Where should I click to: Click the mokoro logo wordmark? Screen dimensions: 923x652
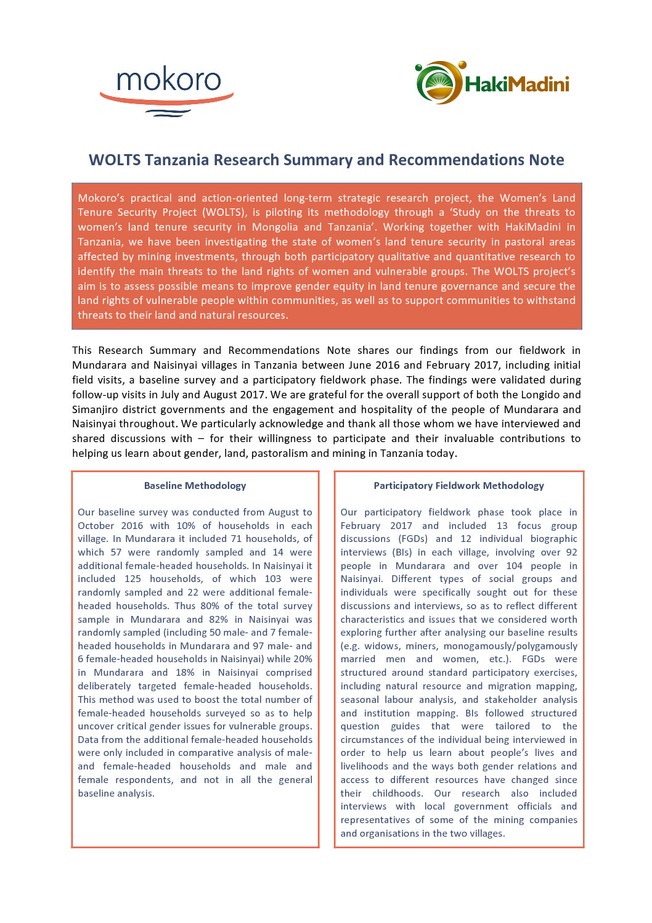(168, 81)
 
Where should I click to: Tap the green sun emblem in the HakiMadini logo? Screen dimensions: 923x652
(439, 83)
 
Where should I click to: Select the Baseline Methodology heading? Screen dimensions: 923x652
(195, 486)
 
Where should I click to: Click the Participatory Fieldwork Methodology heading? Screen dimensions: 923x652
(458, 486)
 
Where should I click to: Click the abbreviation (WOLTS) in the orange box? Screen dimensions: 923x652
(224, 212)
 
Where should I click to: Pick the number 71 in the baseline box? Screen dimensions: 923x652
(235, 539)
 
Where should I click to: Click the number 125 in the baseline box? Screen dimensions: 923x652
(132, 579)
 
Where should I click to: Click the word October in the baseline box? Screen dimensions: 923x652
(96, 526)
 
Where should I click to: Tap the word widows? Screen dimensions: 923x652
(381, 646)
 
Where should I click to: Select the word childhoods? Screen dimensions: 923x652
(397, 794)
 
